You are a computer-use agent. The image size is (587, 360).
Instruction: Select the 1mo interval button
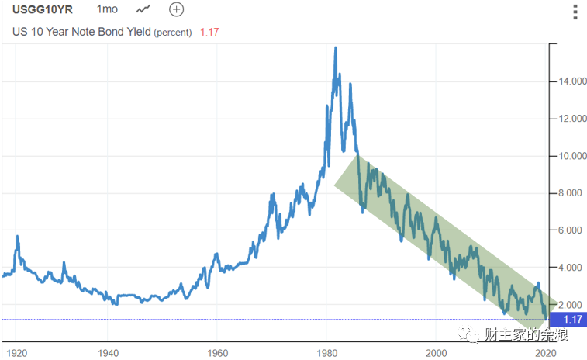pyautogui.click(x=107, y=10)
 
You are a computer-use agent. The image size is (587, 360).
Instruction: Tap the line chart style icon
pyautogui.click(x=143, y=10)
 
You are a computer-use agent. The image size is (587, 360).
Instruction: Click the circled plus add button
pyautogui.click(x=177, y=10)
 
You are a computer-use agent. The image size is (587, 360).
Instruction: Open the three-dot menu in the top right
pyautogui.click(x=574, y=12)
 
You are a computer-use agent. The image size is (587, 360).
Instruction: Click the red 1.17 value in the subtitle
pyautogui.click(x=210, y=33)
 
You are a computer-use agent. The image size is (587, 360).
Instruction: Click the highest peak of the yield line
pyautogui.click(x=335, y=48)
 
